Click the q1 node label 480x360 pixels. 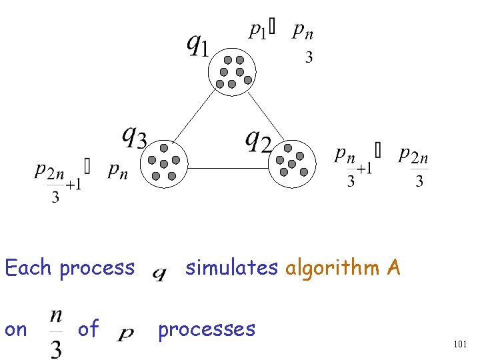[197, 45]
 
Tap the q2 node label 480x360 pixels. [259, 141]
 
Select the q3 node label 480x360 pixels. [134, 137]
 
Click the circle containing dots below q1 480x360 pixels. [232, 71]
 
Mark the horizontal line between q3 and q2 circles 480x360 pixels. [227, 168]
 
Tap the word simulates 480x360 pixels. [231, 267]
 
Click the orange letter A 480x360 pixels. [393, 267]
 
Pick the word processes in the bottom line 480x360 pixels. [207, 329]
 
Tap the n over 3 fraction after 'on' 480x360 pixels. [57, 329]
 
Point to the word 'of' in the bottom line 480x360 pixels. [88, 329]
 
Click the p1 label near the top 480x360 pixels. [257, 30]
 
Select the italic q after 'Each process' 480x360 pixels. [160, 273]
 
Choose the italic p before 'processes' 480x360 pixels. [125, 333]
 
